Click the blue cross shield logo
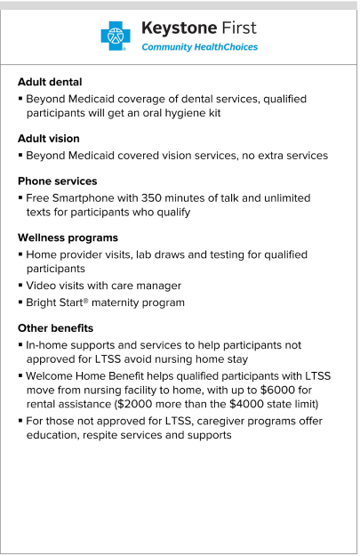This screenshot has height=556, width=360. tap(115, 35)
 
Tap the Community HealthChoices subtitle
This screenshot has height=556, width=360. tap(200, 47)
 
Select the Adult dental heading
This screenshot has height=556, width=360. tap(50, 82)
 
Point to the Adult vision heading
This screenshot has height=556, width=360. tap(49, 139)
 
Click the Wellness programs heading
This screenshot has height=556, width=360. tap(68, 238)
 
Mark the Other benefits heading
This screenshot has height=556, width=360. tap(55, 328)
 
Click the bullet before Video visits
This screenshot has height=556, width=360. tap(20, 286)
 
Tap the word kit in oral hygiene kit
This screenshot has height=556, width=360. tap(214, 113)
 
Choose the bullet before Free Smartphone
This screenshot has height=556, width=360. tap(20, 197)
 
